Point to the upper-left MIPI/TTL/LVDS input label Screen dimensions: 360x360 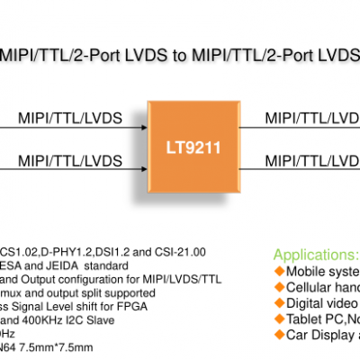point(70,117)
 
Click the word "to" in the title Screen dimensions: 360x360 point(179,55)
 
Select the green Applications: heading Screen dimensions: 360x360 point(315,255)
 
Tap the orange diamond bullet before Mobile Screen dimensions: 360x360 point(279,272)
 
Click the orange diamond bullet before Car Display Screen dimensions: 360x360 point(279,335)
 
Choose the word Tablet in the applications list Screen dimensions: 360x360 point(305,319)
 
